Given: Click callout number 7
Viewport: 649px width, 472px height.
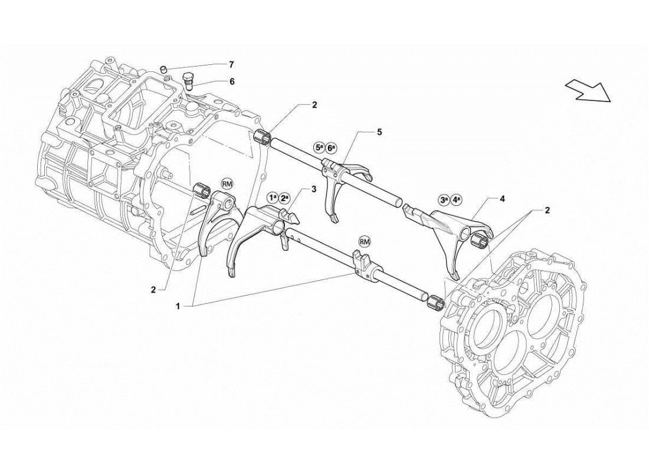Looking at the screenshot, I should coord(231,64).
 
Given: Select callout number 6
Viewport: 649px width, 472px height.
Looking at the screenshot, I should coord(231,81).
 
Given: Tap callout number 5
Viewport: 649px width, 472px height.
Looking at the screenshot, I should coord(379,132).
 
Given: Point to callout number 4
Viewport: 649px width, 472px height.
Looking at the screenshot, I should coord(502,199).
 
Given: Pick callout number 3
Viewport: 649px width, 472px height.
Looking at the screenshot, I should coord(314,189).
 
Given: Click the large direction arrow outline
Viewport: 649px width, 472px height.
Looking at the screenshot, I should coord(586,90).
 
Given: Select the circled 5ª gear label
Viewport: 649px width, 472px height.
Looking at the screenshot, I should coord(319,147).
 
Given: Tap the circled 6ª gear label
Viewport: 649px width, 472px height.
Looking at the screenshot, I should coord(332,147).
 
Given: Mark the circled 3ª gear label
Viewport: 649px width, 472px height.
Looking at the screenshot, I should coord(444,200).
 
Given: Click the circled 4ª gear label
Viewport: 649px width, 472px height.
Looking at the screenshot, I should coord(457,200).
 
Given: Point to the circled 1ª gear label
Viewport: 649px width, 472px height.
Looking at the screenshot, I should coord(271,198).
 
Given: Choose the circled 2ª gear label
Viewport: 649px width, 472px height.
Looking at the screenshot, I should coord(284,198).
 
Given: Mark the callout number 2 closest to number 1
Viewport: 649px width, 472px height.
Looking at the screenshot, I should coord(153,289).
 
